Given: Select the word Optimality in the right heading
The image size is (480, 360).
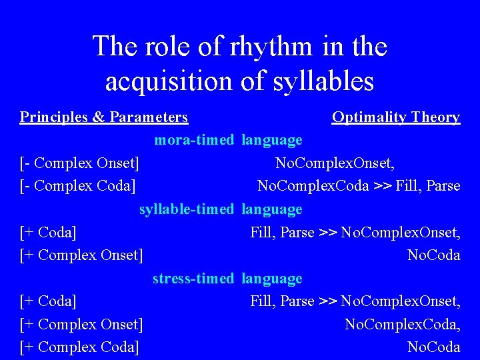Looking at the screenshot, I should coord(369,117).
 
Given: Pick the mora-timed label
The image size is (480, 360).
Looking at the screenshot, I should coord(194,140).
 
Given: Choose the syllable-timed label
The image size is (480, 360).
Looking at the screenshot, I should coord(186,209).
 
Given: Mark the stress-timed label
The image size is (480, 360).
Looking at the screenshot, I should coord(193,279).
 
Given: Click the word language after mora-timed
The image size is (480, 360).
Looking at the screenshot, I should coord(272,140).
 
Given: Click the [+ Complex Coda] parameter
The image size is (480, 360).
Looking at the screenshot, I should coord(79,347).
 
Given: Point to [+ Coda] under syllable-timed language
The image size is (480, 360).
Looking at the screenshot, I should coord(48,232).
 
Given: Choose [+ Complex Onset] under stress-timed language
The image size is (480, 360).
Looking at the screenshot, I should coord(81,324).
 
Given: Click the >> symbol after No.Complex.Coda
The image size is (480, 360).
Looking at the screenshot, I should coord(382,185).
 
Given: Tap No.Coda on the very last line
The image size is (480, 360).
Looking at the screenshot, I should coord(434,347).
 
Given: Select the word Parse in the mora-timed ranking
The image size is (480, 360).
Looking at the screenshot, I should coord(443,185).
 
